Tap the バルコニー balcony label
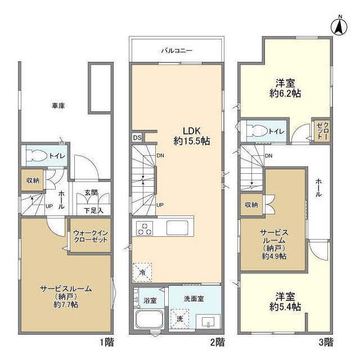click(177, 51)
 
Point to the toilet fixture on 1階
click(35, 156)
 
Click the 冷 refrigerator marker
click(142, 273)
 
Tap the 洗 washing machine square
click(180, 318)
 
